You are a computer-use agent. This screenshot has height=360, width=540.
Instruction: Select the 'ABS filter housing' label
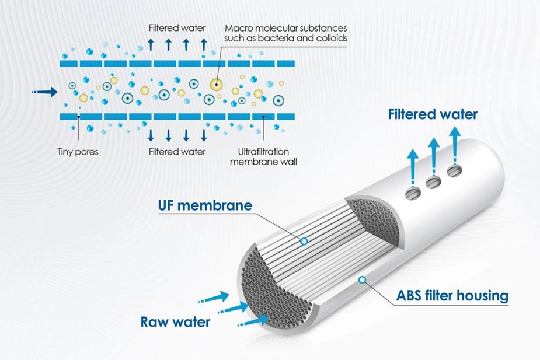(444, 295)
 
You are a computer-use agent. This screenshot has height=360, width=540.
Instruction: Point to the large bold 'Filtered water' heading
(433, 114)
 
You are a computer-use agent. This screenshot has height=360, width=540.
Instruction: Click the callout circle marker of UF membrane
(304, 240)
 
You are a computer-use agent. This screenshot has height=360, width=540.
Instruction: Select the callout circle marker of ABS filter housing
(362, 280)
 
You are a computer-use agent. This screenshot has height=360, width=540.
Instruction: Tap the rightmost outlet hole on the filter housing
(454, 171)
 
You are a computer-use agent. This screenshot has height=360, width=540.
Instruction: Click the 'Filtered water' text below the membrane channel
(177, 152)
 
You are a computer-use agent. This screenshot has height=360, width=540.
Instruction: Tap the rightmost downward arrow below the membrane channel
(204, 135)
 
